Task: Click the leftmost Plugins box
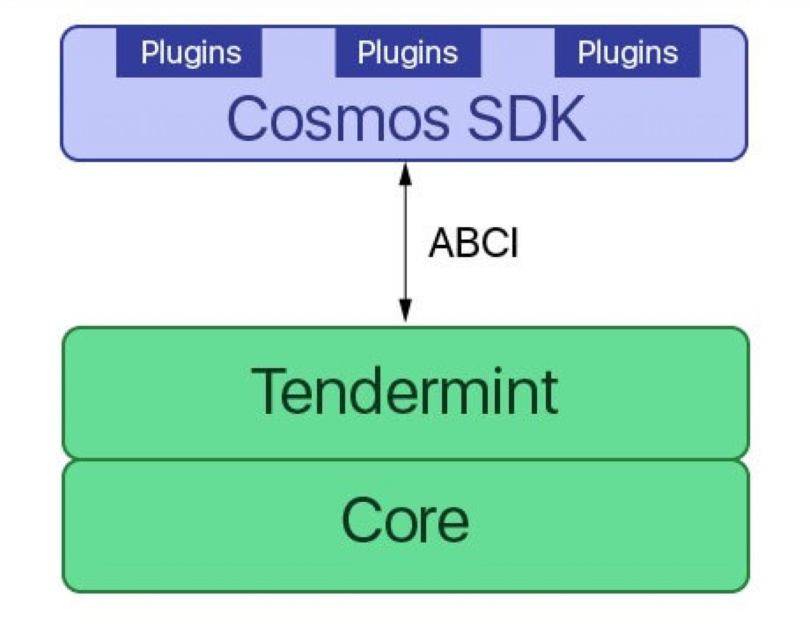point(189,53)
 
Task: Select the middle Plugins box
point(408,53)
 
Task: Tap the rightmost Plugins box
point(627,53)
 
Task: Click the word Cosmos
point(338,118)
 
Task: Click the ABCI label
point(473,243)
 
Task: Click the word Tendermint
point(404,392)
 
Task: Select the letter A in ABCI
point(442,243)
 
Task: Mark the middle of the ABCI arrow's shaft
point(405,243)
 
